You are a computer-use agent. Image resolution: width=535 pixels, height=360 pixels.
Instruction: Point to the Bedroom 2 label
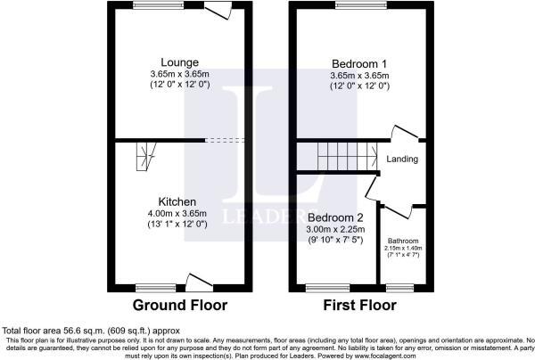335,217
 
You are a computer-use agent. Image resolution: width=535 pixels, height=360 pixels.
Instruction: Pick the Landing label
403,160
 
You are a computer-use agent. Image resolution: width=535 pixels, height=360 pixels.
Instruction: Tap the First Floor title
359,306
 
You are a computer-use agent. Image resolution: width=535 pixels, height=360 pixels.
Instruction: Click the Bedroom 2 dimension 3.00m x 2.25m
335,230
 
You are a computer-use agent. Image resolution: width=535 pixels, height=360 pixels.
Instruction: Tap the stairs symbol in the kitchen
144,160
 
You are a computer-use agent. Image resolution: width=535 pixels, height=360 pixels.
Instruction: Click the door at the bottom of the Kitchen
197,279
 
